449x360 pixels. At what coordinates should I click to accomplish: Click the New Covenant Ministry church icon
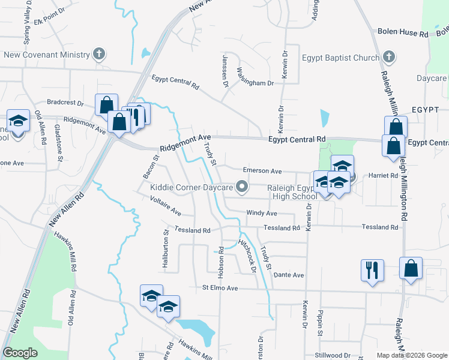[x=99, y=55]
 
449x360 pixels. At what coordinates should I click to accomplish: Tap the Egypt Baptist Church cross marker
[x=388, y=58]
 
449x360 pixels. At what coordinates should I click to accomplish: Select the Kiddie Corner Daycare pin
[x=243, y=187]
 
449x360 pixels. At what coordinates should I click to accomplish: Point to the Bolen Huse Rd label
[x=402, y=34]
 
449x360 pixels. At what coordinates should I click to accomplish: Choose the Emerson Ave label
[x=262, y=171]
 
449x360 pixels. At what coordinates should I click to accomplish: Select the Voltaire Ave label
[x=166, y=206]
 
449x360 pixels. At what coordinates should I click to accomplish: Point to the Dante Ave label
[x=289, y=275]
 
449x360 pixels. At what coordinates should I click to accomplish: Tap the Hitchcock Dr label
[x=247, y=256]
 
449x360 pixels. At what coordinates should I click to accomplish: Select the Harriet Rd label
[x=385, y=176]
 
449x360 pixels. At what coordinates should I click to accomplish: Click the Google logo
[x=20, y=353]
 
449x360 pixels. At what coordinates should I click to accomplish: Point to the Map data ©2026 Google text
[x=411, y=355]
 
